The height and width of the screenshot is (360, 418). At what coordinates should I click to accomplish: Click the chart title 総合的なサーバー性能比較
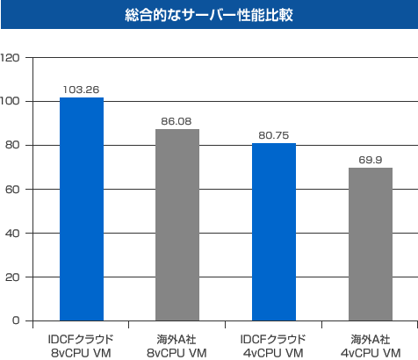click(x=209, y=16)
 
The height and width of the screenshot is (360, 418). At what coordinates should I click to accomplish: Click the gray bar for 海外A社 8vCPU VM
click(x=177, y=225)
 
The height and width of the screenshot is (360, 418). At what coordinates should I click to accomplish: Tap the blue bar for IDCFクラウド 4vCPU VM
click(x=274, y=232)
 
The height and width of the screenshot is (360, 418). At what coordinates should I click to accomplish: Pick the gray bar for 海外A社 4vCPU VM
click(x=370, y=244)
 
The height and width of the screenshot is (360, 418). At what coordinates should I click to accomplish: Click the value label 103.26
click(x=81, y=90)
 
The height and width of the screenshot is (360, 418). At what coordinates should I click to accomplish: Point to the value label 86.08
click(x=177, y=121)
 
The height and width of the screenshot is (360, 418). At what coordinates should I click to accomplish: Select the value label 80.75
click(x=274, y=135)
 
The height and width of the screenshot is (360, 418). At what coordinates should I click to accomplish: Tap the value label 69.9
click(x=370, y=159)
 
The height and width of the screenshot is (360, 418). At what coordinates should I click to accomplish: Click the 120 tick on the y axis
click(x=11, y=58)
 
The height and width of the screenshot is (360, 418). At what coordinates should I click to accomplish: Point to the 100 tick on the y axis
click(x=11, y=102)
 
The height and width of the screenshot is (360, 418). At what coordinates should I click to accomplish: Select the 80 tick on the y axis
click(x=13, y=146)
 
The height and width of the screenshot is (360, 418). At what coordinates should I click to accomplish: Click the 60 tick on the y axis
click(x=13, y=190)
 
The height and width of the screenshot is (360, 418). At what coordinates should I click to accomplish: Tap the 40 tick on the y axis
click(x=13, y=234)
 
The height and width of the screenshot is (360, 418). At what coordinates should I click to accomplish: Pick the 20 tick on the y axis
click(x=13, y=277)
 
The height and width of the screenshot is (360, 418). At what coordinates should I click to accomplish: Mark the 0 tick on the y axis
click(x=17, y=321)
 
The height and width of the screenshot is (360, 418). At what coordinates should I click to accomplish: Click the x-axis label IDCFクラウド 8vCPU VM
click(x=81, y=345)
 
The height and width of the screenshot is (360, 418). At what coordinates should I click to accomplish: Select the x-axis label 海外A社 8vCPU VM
click(x=177, y=345)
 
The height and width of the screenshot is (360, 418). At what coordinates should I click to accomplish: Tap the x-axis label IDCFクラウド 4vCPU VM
click(x=274, y=345)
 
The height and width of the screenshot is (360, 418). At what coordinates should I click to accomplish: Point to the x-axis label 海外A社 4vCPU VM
click(x=370, y=345)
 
